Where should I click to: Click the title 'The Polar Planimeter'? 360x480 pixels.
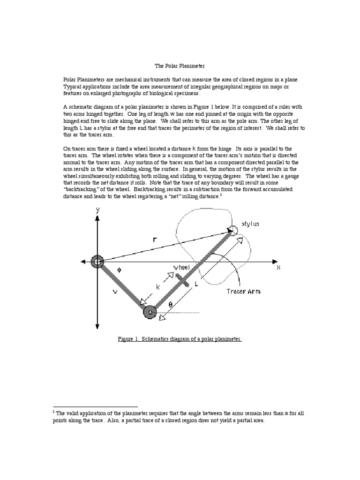click(180, 67)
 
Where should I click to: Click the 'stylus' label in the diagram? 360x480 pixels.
click(250, 224)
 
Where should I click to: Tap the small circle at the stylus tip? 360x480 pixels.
click(232, 230)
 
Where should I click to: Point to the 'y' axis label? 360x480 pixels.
click(97, 210)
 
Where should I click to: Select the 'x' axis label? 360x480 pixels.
click(278, 267)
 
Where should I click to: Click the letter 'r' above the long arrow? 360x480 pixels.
click(155, 240)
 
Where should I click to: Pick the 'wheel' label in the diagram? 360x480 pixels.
click(181, 267)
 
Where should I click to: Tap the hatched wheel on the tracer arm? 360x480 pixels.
click(184, 280)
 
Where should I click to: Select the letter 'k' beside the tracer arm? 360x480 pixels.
click(158, 287)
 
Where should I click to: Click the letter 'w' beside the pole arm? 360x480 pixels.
click(115, 292)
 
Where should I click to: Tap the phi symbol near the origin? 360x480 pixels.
click(119, 270)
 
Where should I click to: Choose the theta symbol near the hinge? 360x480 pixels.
click(170, 304)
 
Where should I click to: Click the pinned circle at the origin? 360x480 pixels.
click(97, 262)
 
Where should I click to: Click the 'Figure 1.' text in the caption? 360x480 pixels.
click(130, 338)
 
